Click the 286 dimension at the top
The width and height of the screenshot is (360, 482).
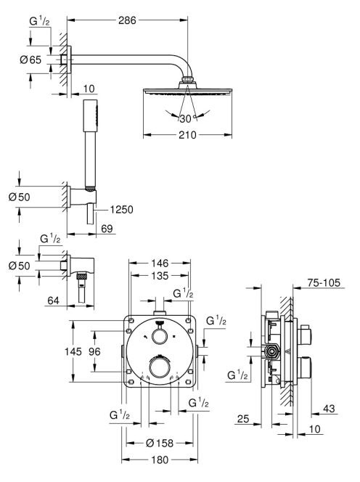coord(127,20)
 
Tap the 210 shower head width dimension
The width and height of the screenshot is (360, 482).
coord(187,134)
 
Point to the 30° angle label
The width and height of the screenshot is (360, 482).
coord(186,118)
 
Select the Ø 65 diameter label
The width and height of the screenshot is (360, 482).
coord(30,60)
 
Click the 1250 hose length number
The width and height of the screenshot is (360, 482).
coord(122,210)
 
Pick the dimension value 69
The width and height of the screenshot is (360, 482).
coord(107,229)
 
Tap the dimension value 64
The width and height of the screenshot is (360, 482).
coord(53,301)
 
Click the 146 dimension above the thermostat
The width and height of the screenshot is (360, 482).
coord(160,263)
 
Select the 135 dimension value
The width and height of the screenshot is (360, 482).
coord(160,276)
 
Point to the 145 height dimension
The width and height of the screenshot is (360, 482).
coord(73,351)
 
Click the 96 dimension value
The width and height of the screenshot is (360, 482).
coord(94,351)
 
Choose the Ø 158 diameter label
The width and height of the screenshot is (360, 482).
coord(160,443)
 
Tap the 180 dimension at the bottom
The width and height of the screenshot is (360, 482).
coord(160,460)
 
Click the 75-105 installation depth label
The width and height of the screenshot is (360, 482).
coord(324,282)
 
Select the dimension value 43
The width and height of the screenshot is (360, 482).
coord(329,409)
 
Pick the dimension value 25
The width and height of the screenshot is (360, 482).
coord(243,419)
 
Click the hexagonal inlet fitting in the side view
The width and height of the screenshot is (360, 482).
coord(271,351)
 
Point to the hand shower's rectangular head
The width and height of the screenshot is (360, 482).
coord(91,115)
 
